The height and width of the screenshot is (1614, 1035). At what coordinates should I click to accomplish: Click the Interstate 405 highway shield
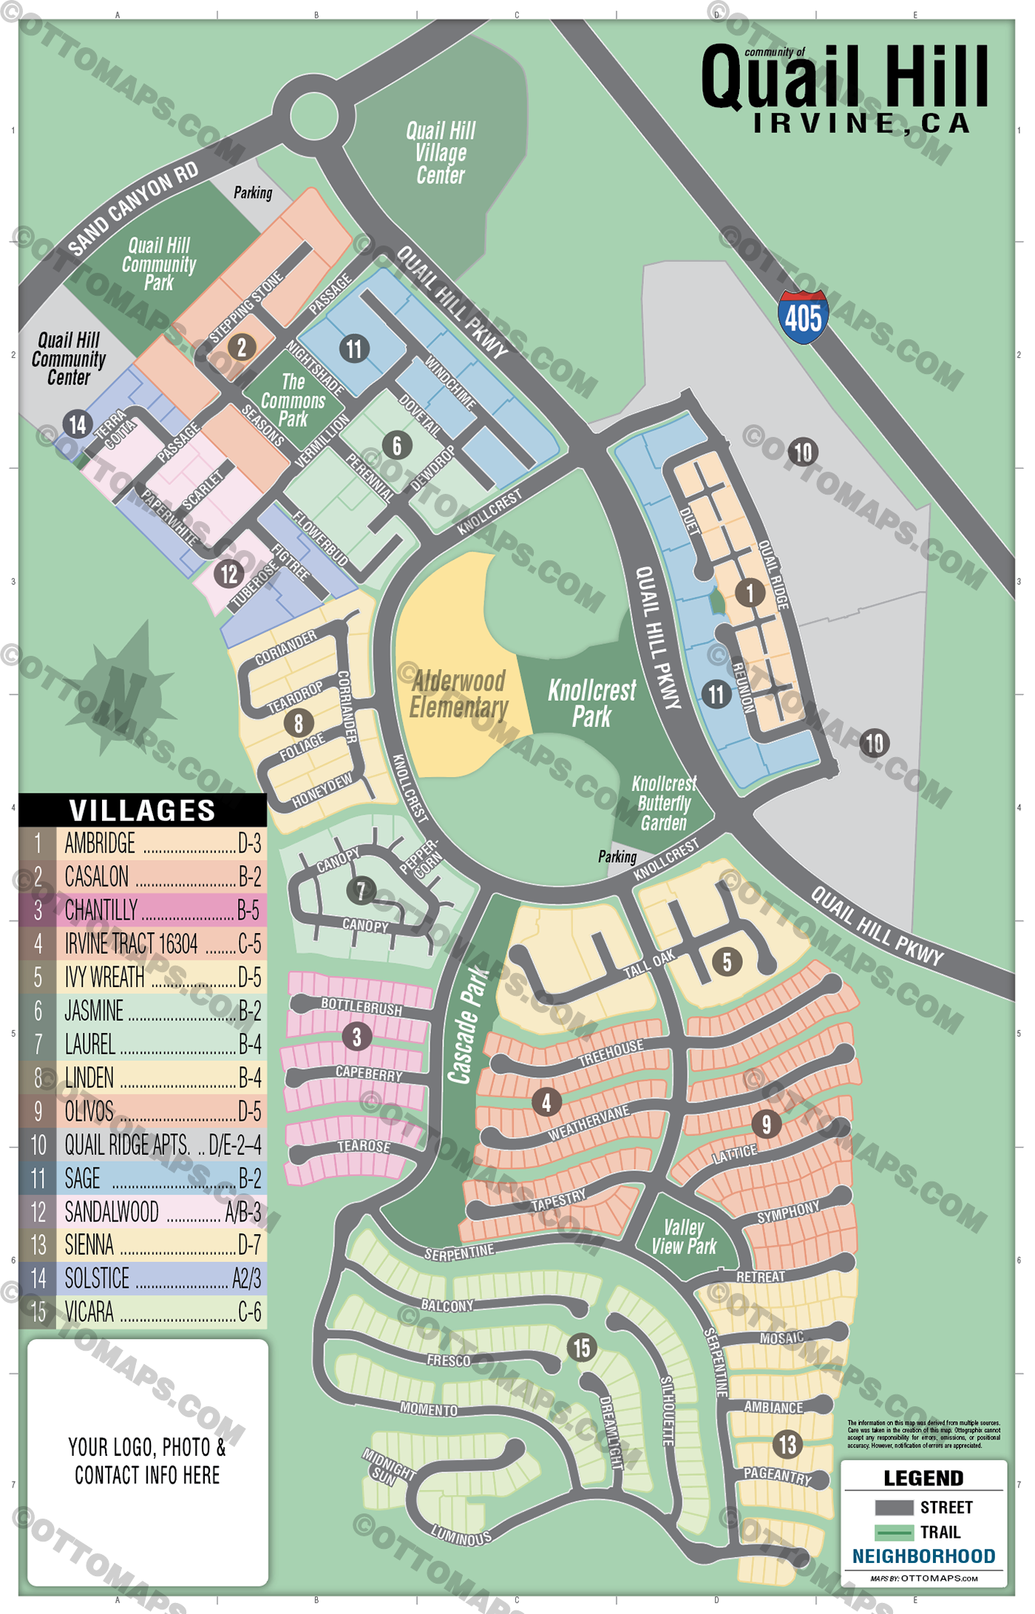tap(803, 316)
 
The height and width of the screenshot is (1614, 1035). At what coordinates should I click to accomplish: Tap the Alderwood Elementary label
tap(458, 694)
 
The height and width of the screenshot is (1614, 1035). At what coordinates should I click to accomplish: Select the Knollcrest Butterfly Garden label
tap(663, 804)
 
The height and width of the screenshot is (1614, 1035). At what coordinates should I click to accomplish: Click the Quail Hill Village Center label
tap(441, 153)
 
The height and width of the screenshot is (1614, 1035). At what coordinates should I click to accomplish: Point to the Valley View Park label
tap(683, 1237)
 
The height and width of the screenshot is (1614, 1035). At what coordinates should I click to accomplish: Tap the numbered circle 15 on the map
tap(582, 1347)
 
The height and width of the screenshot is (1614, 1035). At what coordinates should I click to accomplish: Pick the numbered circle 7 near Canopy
tap(361, 890)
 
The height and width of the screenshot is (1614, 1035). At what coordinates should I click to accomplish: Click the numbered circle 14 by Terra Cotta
tap(78, 424)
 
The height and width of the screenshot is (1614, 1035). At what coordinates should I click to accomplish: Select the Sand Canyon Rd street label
tap(133, 209)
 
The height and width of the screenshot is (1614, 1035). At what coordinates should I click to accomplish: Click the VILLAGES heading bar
tap(142, 810)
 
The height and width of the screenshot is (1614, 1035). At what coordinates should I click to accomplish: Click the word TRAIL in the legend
tap(939, 1532)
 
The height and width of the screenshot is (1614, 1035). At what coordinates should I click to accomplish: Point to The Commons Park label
tap(293, 401)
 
